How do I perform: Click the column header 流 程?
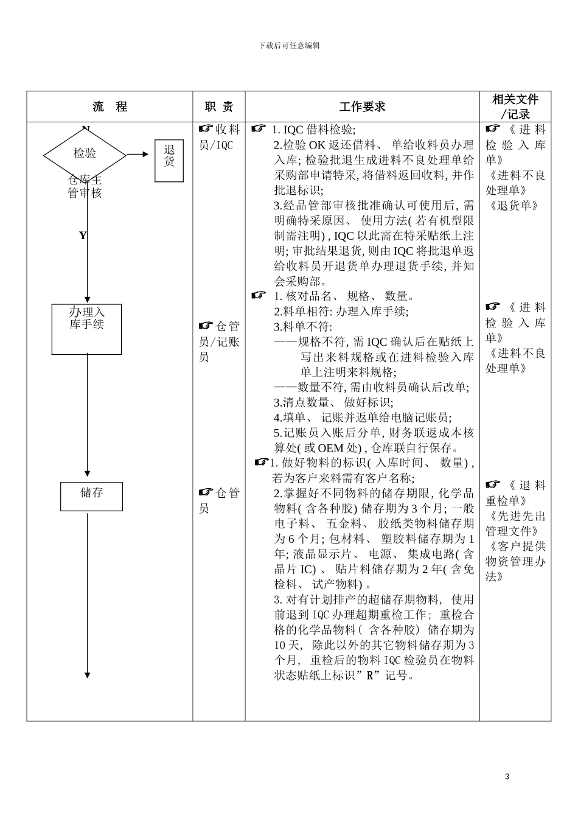click(110, 107)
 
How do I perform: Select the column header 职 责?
click(219, 107)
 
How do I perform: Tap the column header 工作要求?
click(362, 107)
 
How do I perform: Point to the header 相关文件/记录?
click(515, 107)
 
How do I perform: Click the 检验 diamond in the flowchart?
click(85, 154)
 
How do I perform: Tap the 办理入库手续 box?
click(86, 329)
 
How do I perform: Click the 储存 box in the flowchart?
click(91, 496)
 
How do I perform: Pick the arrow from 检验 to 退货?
click(138, 155)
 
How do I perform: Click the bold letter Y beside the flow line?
click(83, 236)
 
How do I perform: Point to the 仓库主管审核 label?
click(85, 187)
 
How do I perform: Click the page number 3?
click(507, 777)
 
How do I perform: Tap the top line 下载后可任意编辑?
click(289, 46)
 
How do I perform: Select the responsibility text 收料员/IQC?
click(219, 138)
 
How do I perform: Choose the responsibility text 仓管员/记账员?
click(219, 341)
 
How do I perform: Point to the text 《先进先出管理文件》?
click(515, 524)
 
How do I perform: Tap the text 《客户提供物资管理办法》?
click(515, 561)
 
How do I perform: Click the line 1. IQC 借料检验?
click(314, 130)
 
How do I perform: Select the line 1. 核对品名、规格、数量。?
click(344, 296)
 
